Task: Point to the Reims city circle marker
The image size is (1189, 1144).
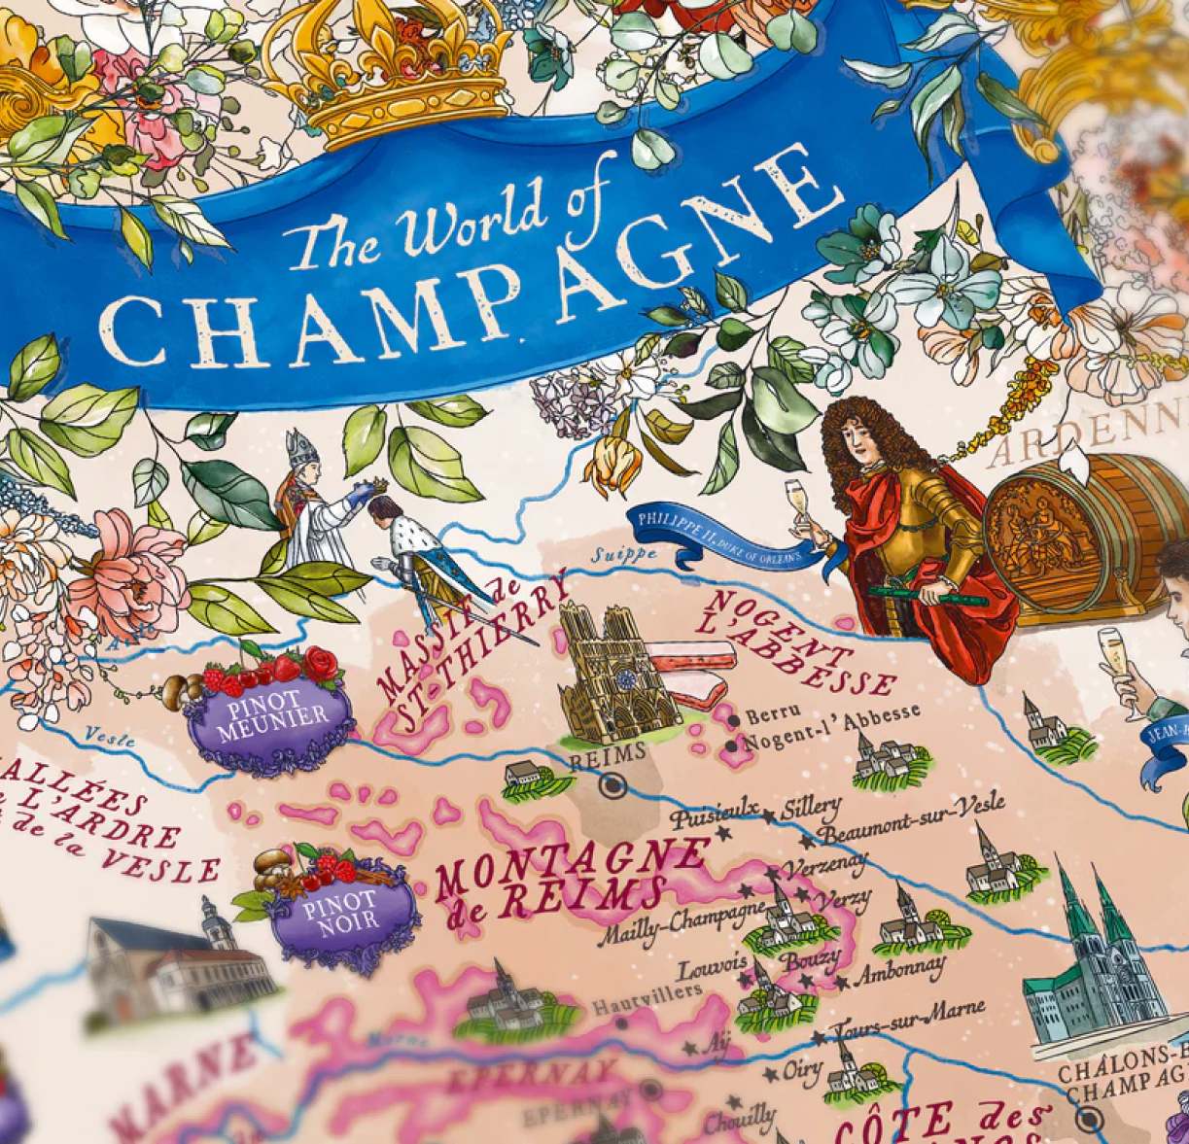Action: click(x=613, y=785)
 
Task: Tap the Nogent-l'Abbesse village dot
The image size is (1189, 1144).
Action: click(x=731, y=745)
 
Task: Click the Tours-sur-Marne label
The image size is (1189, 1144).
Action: click(x=910, y=1018)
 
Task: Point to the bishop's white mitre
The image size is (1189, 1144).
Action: click(x=301, y=448)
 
